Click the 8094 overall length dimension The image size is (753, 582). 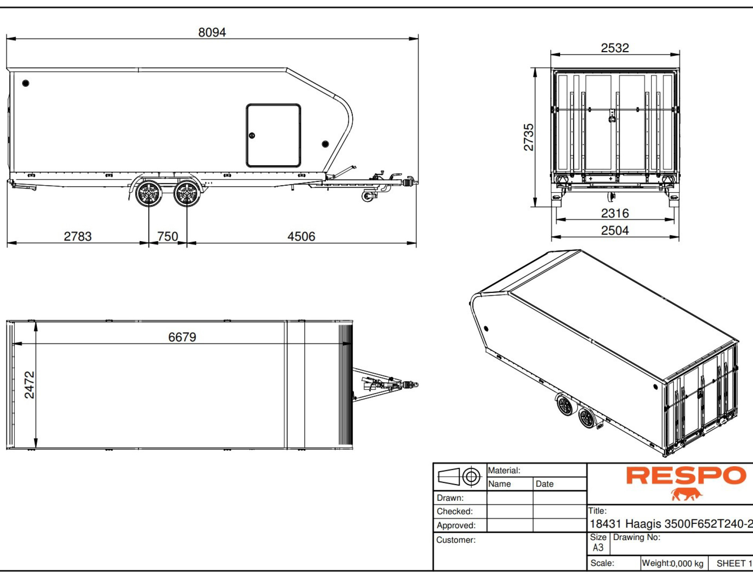point(212,32)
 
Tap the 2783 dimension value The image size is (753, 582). point(78,236)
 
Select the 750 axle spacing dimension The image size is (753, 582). point(167,236)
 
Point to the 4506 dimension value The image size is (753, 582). point(301,236)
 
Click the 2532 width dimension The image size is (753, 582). point(615,48)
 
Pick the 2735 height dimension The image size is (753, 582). point(529,137)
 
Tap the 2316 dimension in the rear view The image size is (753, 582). point(615,213)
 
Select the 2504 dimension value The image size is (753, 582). point(615,231)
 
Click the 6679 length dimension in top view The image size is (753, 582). point(182,337)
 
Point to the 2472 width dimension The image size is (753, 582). point(29,385)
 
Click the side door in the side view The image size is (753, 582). point(273,135)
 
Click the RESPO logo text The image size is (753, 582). point(686,476)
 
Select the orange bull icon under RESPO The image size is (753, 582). point(686,495)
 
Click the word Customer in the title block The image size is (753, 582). point(456,540)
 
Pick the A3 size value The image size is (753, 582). point(598,547)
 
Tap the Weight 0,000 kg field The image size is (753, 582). point(673,564)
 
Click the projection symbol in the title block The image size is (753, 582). point(459,477)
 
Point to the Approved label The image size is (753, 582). point(456,526)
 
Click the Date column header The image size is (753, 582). point(544,484)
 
